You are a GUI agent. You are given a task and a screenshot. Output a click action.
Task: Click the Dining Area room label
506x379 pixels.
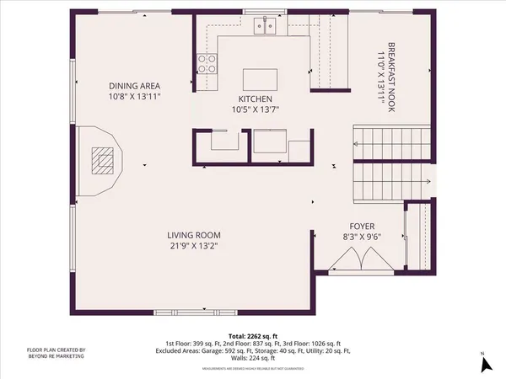coord(135,86)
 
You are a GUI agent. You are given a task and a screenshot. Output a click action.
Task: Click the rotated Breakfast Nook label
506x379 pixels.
coord(390,71)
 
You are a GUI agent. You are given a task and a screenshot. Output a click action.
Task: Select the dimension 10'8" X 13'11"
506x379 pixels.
coord(135,97)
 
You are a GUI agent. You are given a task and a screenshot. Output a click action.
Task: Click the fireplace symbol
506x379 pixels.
coord(105,160)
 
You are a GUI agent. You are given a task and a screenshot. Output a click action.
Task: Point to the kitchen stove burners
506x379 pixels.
coord(207,64)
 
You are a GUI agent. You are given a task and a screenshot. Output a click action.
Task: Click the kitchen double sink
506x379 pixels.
coord(269,27)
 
